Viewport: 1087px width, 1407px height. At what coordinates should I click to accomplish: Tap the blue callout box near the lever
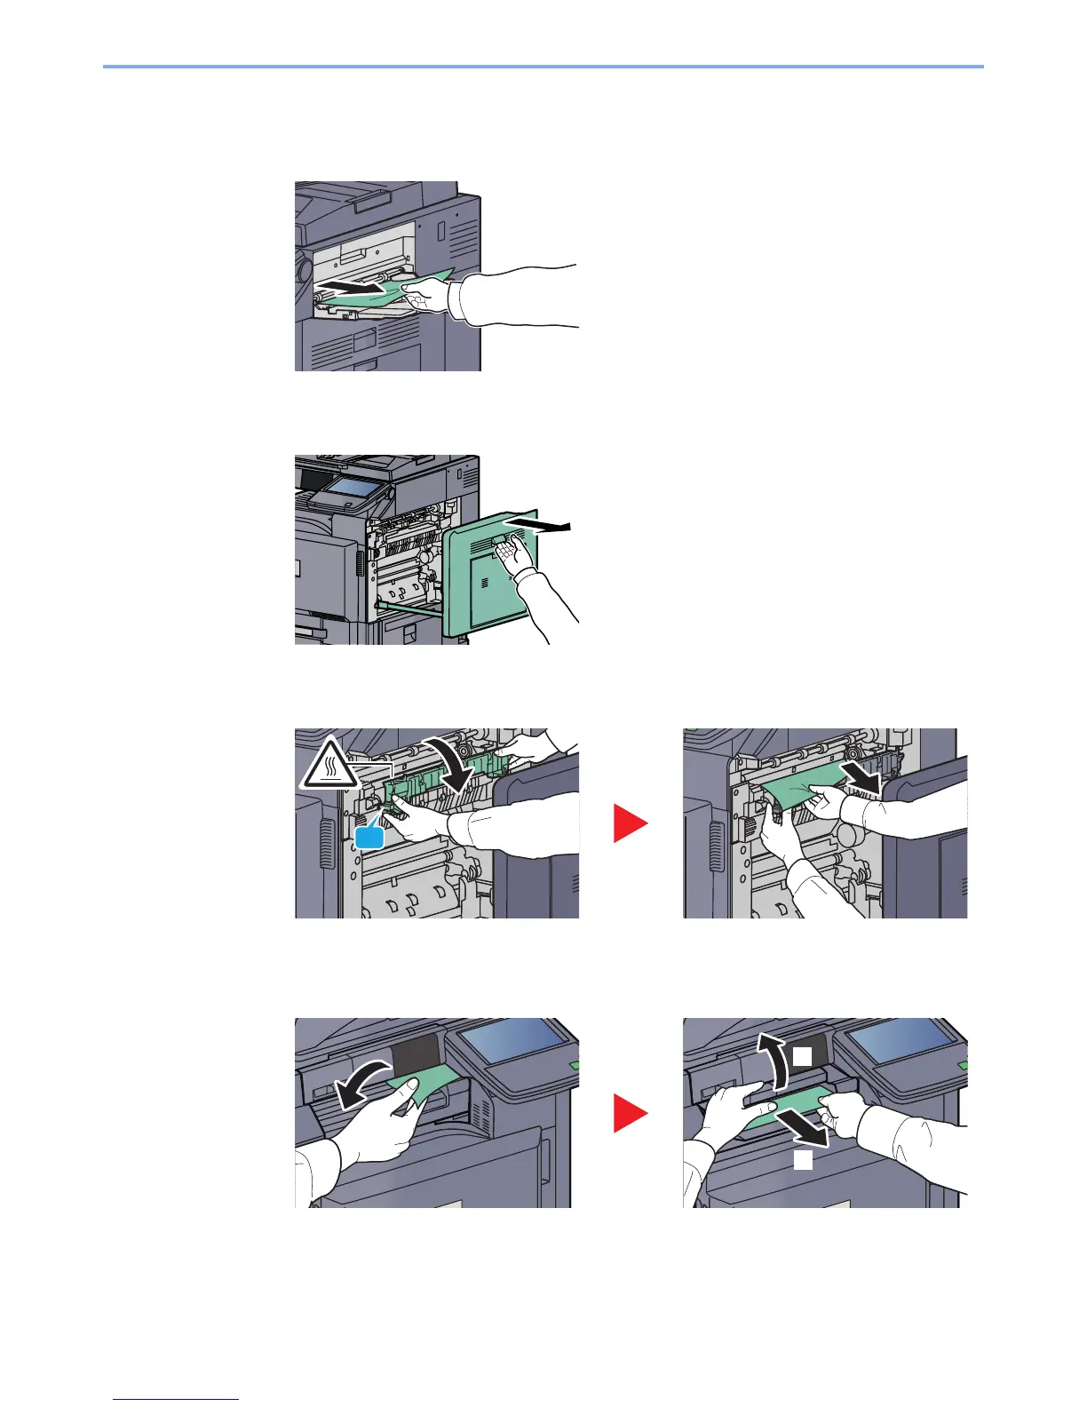(x=370, y=837)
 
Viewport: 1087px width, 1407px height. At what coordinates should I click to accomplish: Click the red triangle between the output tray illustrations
(x=631, y=1114)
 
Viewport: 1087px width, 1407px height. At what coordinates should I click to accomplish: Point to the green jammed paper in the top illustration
(x=391, y=291)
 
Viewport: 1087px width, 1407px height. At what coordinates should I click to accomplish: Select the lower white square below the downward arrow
(x=803, y=1160)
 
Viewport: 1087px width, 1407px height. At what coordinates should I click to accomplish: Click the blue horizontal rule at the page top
(x=543, y=67)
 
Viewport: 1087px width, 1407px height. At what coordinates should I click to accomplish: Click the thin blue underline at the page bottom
(x=176, y=1400)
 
